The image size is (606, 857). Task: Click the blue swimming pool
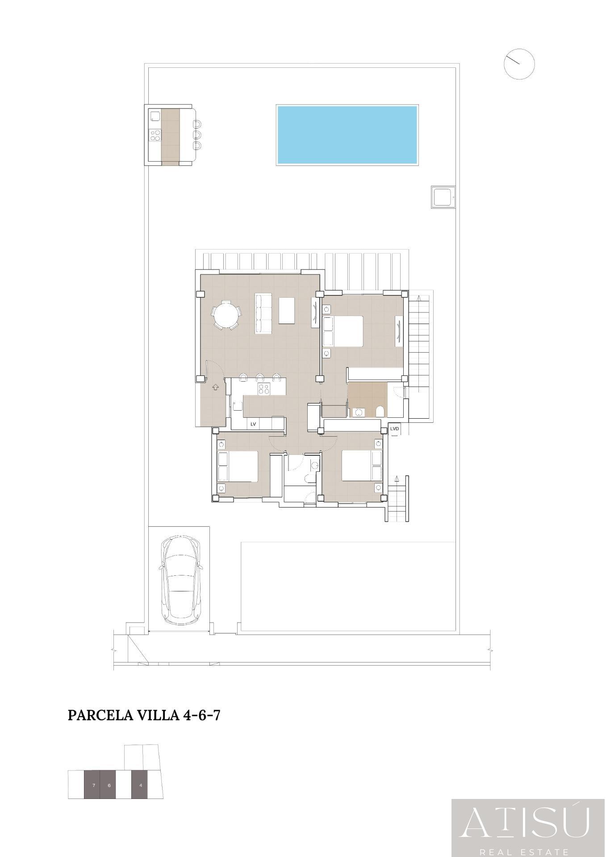tap(347, 135)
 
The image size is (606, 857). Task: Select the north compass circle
tap(519, 64)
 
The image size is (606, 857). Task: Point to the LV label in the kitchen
tap(253, 424)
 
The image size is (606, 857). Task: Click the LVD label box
tap(394, 428)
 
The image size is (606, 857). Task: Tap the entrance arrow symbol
tap(216, 387)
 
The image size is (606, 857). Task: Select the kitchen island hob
tap(263, 389)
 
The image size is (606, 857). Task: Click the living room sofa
tap(263, 313)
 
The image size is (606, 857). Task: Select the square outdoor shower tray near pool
tap(443, 197)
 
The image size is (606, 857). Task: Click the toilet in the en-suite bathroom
tap(380, 412)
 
